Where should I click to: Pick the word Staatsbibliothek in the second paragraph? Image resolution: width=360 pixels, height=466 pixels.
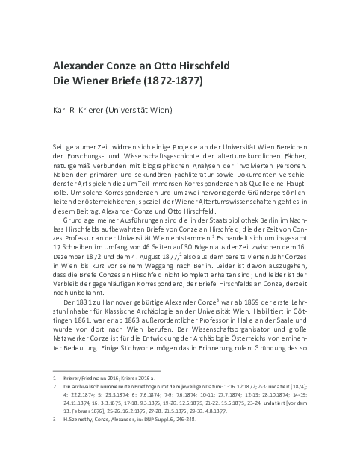click(213, 204)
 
